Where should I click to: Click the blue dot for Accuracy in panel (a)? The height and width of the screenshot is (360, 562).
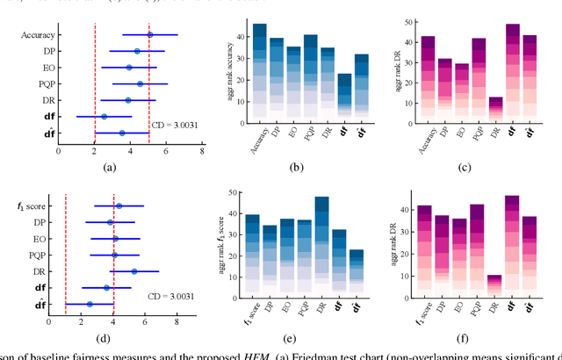point(150,35)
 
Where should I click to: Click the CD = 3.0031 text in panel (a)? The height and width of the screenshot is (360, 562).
point(174,125)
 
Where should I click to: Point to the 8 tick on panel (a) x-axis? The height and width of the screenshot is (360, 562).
point(203,151)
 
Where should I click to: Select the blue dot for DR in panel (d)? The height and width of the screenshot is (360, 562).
point(134,271)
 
